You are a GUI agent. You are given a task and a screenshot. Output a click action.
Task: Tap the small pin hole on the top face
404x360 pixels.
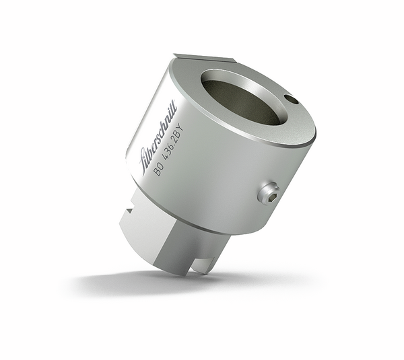(x=292, y=100)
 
